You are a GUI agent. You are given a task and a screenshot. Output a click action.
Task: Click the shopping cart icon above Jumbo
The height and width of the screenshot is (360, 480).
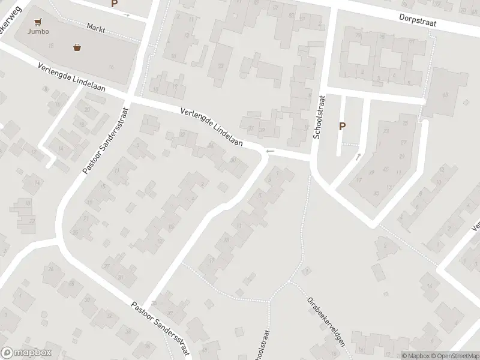38,22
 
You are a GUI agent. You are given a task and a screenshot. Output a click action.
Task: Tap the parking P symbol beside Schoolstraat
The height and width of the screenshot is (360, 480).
343,126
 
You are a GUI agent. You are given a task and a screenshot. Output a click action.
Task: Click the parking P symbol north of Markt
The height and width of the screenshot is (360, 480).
114,4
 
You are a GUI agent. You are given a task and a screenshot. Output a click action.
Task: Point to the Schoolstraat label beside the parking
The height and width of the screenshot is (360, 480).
321,118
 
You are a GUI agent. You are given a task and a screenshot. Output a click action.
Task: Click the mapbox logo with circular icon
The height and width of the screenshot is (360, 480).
26,353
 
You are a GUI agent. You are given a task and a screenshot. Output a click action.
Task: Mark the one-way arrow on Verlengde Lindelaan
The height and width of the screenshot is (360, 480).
270,151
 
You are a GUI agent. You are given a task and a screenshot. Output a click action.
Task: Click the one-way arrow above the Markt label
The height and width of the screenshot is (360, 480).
126,14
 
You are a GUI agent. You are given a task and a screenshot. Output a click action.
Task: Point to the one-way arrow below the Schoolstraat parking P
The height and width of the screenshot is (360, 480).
358,157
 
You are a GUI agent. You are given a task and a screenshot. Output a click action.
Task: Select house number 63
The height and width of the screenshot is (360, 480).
445,94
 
